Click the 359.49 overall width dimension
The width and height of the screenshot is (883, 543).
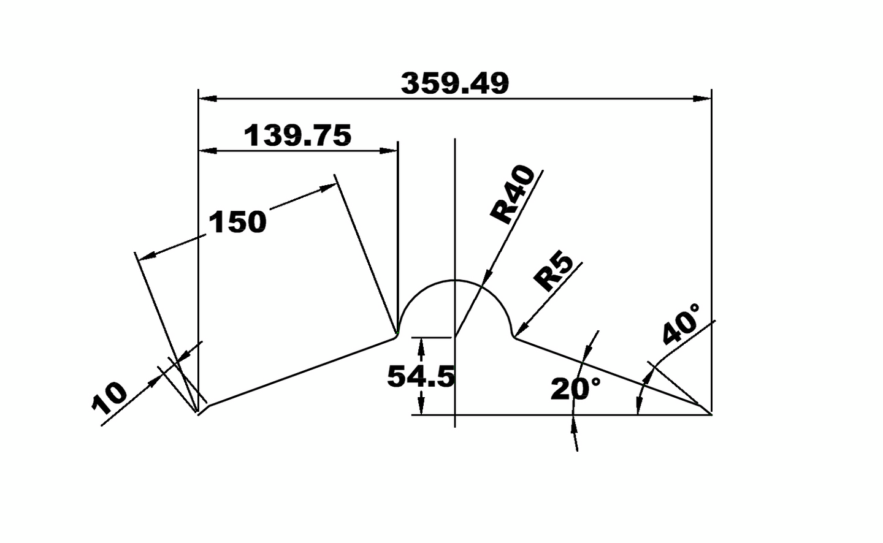pos(454,83)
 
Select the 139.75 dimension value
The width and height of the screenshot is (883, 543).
pos(298,135)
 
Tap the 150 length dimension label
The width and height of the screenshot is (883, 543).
pos(238,222)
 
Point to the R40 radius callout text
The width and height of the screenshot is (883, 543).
pos(513,195)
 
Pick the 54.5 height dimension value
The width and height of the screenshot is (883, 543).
pos(421,376)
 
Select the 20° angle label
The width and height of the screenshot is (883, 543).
pos(575,389)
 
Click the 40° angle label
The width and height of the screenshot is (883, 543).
pos(681,324)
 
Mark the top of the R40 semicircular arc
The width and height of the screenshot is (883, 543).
pos(454,280)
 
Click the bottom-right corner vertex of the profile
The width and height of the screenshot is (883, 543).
pos(711,415)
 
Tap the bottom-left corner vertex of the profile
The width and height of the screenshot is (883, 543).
pos(198,414)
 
